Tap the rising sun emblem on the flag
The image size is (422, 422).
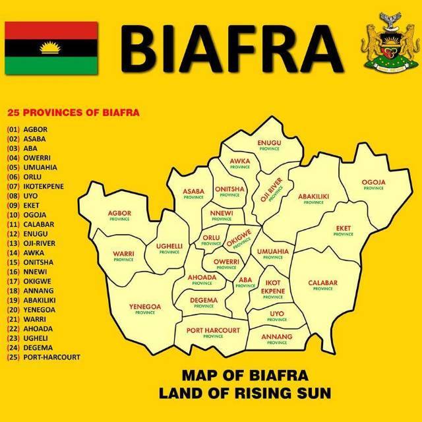(x=51, y=47)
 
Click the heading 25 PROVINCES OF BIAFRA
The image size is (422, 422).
(x=73, y=112)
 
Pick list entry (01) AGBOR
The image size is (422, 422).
(x=36, y=129)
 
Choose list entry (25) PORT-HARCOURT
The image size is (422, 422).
(x=44, y=357)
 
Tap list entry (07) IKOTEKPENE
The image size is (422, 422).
(x=44, y=186)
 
